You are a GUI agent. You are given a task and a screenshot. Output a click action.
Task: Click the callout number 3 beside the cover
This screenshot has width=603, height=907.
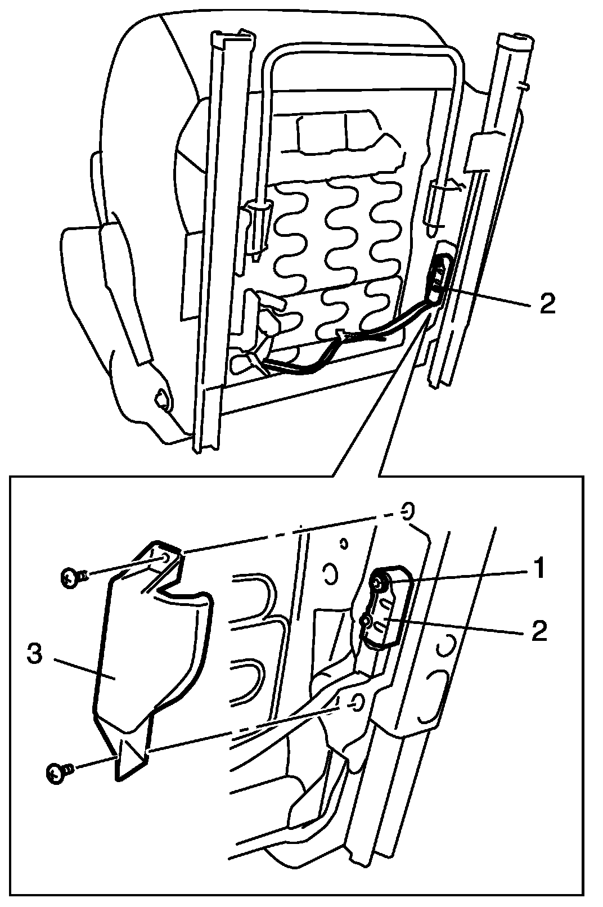pyautogui.click(x=35, y=655)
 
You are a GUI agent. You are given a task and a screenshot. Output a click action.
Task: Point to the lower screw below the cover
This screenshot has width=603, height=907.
pyautogui.click(x=57, y=774)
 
